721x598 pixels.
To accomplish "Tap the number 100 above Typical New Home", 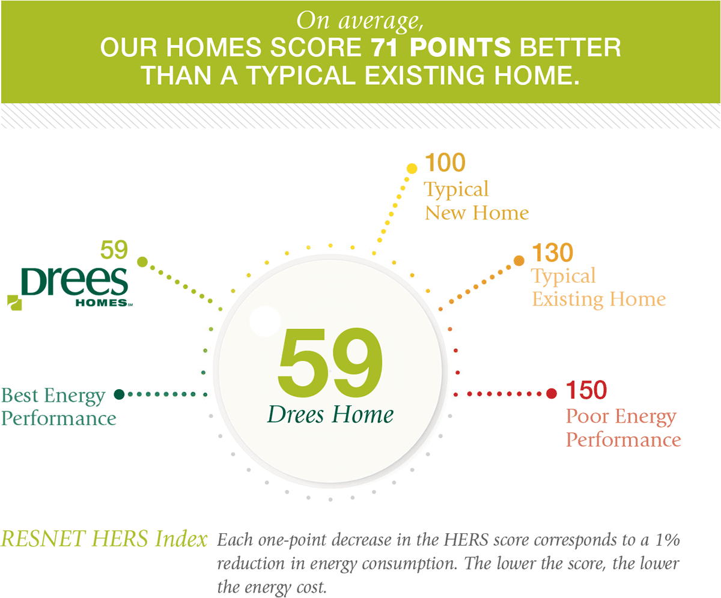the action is point(445,163).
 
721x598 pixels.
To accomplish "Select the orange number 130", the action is point(553,252).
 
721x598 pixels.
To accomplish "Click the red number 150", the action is point(586,390).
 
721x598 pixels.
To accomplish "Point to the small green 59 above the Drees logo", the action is point(114,250).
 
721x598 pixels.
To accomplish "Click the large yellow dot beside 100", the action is point(412,168).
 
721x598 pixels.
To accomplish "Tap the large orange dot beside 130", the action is point(519,261).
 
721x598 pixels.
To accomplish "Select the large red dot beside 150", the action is point(552,393).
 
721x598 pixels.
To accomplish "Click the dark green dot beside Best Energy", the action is point(119,394).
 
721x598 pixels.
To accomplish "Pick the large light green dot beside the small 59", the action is point(142,262).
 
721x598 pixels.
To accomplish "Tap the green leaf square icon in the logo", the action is point(14,303).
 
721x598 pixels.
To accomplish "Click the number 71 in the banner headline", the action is point(385,47).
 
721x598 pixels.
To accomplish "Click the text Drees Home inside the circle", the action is point(330,414).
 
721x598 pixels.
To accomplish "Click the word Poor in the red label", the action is point(588,416).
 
